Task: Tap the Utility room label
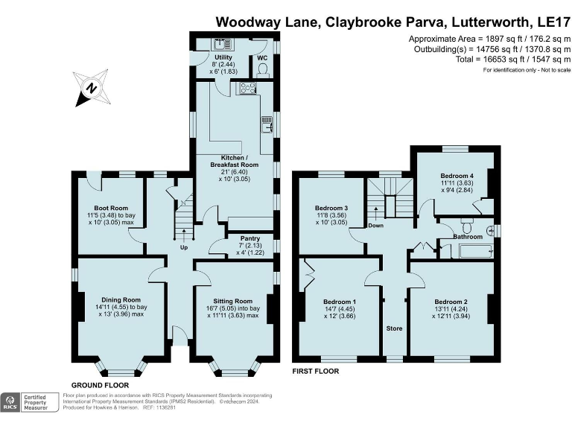223,57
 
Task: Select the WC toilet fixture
261,69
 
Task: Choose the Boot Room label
110,208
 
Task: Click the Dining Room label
121,299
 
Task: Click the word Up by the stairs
183,247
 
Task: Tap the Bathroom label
468,236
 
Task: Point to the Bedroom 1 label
339,302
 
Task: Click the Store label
394,328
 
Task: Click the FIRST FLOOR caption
315,371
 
